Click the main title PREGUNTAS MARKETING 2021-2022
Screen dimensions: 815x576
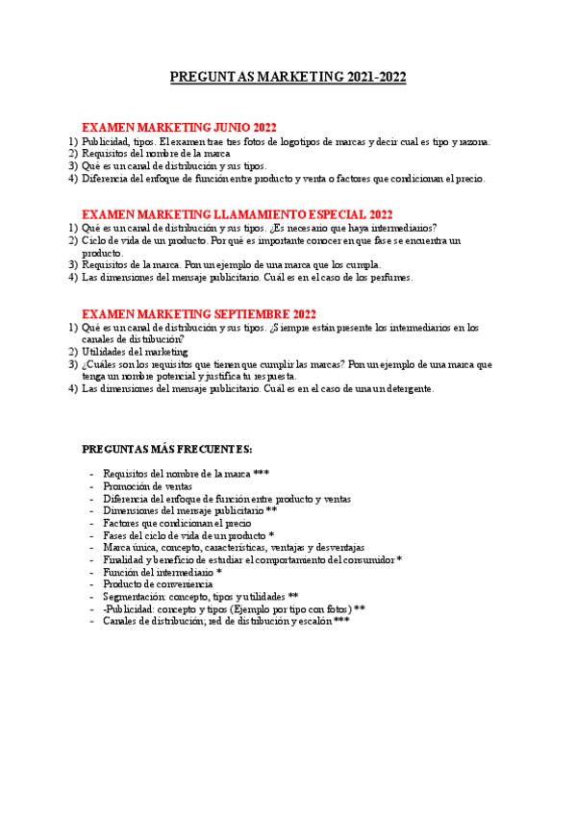pyautogui.click(x=288, y=77)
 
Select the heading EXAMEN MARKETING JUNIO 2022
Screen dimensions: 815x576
pyautogui.click(x=179, y=128)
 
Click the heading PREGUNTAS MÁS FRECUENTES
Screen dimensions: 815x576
pyautogui.click(x=167, y=449)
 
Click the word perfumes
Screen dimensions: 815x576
pyautogui.click(x=392, y=278)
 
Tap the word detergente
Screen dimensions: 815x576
pyautogui.click(x=409, y=389)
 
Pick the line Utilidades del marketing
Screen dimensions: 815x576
pyautogui.click(x=135, y=353)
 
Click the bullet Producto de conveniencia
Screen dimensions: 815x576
pyautogui.click(x=158, y=583)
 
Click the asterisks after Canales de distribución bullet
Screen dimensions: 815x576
pyautogui.click(x=341, y=620)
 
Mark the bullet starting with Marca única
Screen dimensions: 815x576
pyautogui.click(x=234, y=547)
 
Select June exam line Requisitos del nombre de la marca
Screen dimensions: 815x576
pyautogui.click(x=156, y=154)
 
